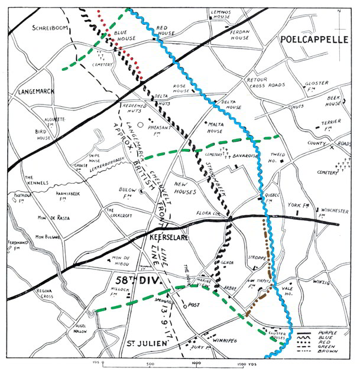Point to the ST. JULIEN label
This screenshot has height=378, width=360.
coord(145,343)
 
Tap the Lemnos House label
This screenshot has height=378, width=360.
coord(224,15)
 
